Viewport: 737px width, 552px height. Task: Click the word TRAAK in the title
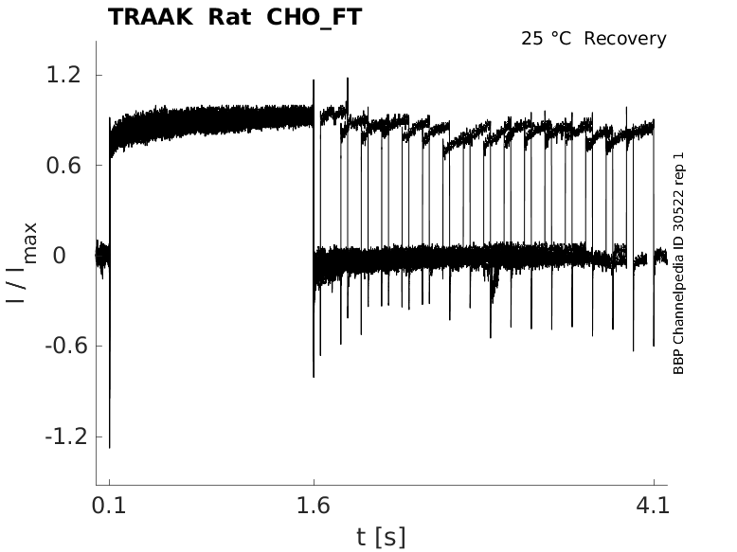click(x=148, y=17)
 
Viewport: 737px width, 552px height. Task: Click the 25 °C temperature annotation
click(x=547, y=39)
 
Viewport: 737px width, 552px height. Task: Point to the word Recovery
click(x=625, y=39)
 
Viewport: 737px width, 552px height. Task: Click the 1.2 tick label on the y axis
click(x=64, y=75)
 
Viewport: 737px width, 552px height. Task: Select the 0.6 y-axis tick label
click(x=64, y=166)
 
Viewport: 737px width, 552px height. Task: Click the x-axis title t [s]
click(x=381, y=537)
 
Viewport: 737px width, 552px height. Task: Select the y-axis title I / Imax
click(x=24, y=261)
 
